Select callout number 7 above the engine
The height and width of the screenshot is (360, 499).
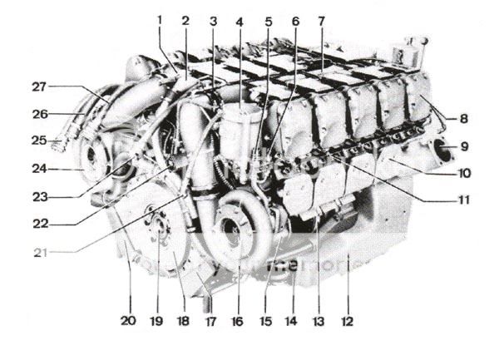(x=321, y=19)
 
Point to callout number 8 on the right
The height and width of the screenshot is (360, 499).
(x=463, y=118)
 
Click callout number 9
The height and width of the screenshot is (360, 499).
(x=464, y=146)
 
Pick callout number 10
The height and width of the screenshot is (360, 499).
(x=463, y=174)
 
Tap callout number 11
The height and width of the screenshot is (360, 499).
(x=463, y=200)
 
